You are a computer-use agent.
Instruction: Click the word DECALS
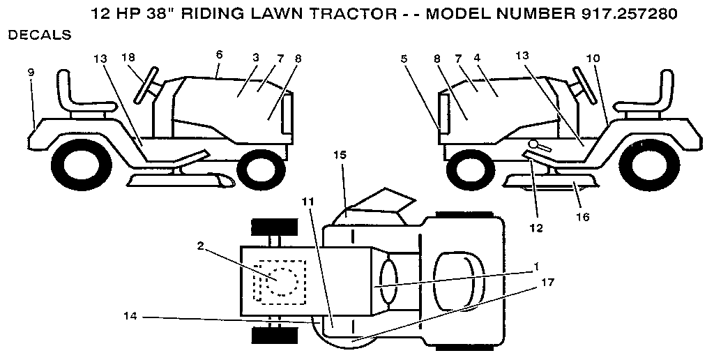pyautogui.click(x=39, y=35)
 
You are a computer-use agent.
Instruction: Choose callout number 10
pyautogui.click(x=592, y=60)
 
